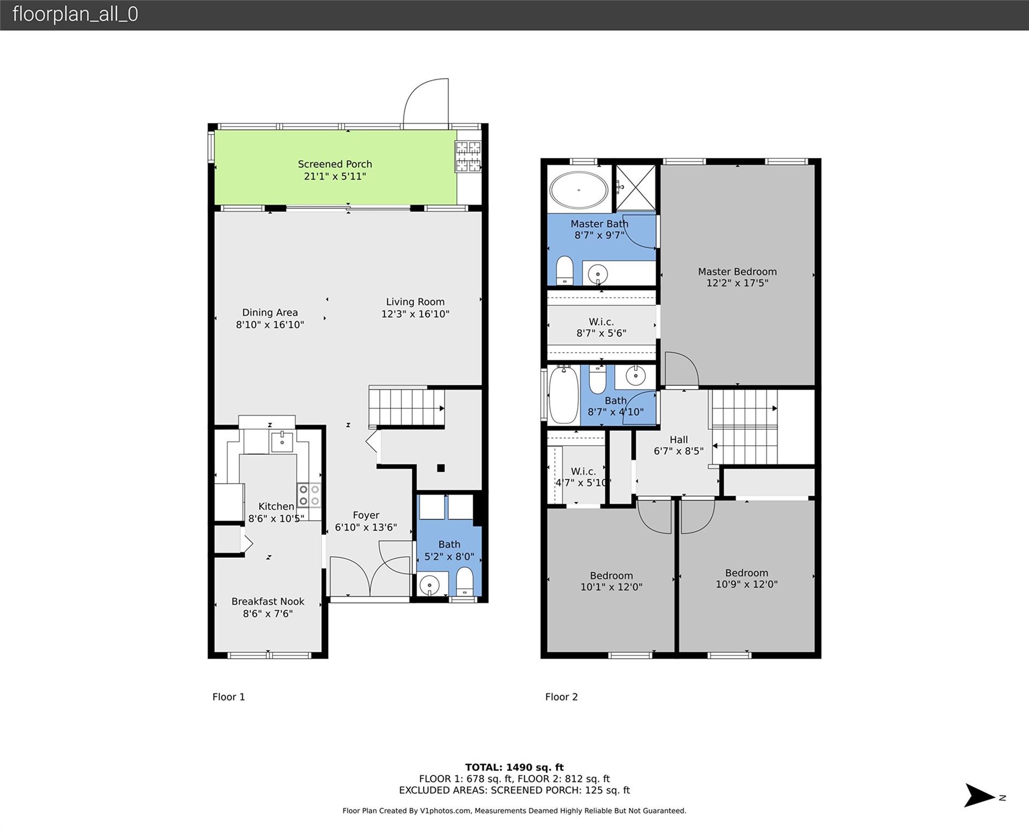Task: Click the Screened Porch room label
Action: click(x=335, y=164)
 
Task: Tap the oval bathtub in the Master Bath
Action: click(x=579, y=190)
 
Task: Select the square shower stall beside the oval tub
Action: click(x=636, y=187)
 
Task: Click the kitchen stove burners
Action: click(x=309, y=495)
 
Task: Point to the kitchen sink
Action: click(x=282, y=441)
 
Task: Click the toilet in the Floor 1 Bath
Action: click(x=464, y=582)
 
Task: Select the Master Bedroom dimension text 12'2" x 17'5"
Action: click(x=737, y=283)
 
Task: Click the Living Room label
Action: click(x=415, y=302)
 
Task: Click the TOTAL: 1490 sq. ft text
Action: click(x=514, y=767)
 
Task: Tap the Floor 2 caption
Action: click(x=562, y=697)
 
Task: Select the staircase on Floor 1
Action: click(x=407, y=407)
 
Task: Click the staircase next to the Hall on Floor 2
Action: click(x=745, y=427)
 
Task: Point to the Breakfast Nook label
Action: click(x=268, y=601)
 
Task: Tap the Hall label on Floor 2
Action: click(x=679, y=440)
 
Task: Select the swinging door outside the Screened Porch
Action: click(x=426, y=103)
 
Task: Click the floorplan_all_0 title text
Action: click(x=75, y=14)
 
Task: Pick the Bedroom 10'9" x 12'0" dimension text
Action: click(x=746, y=584)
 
